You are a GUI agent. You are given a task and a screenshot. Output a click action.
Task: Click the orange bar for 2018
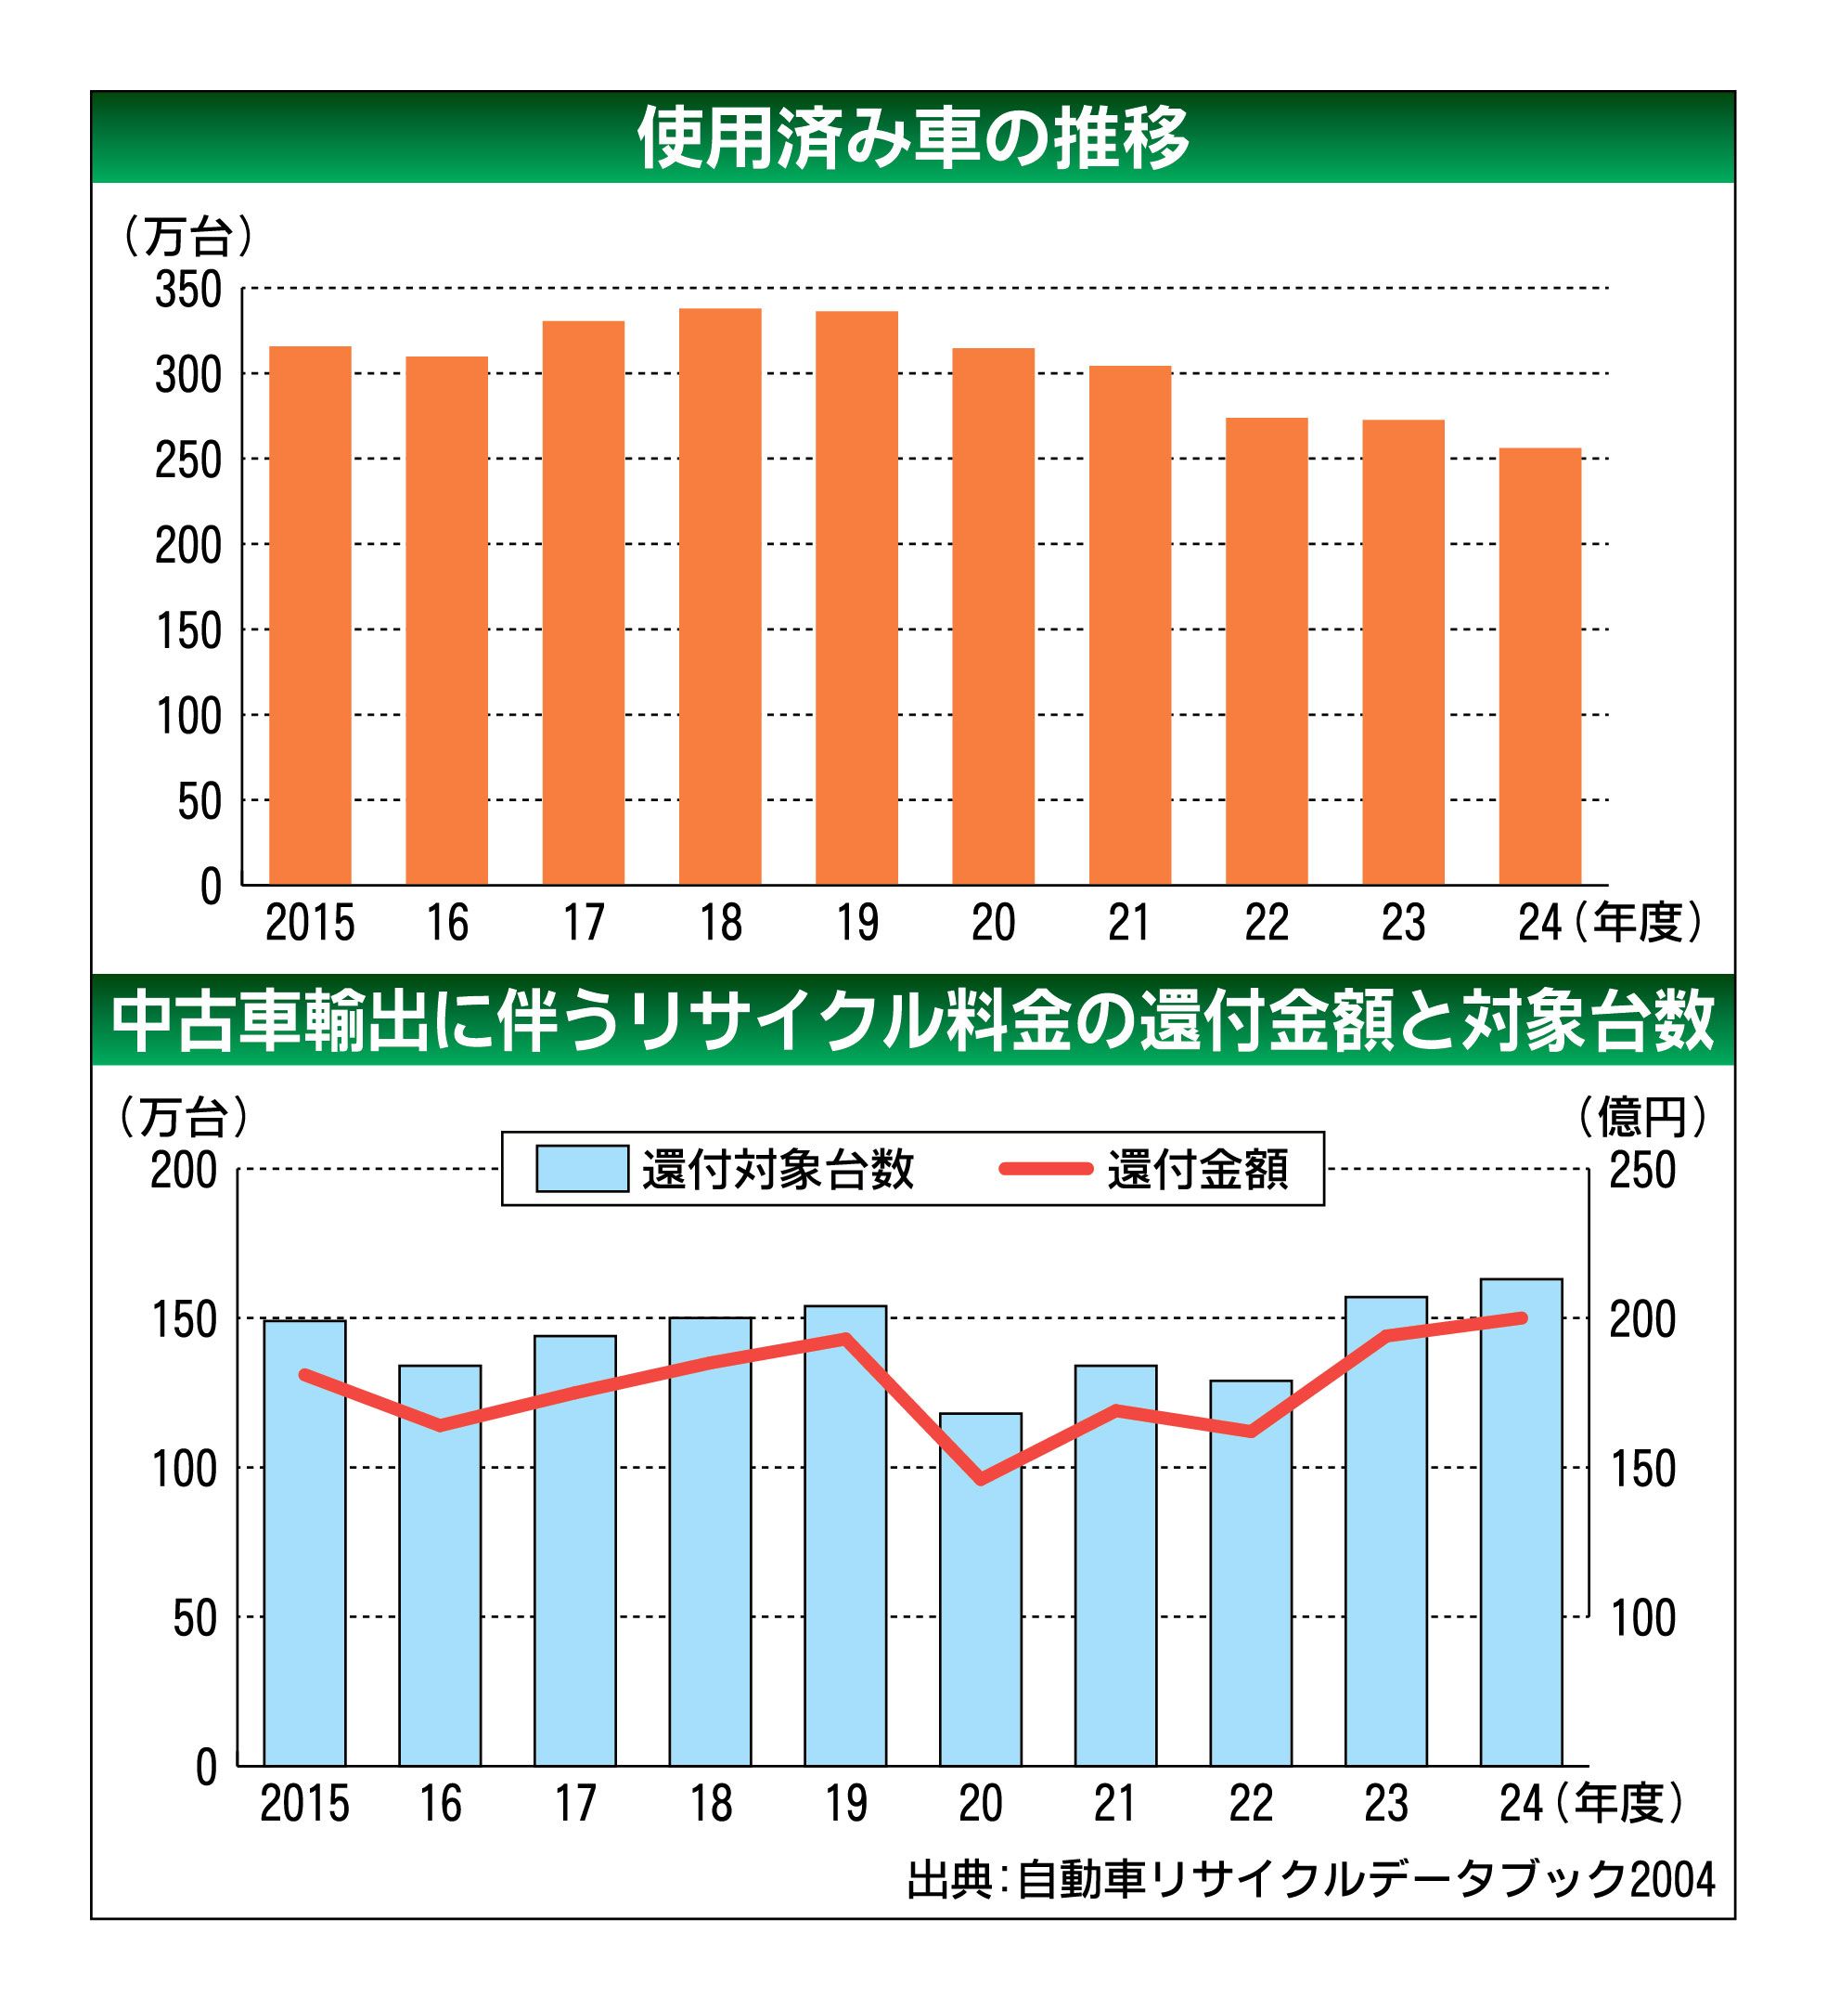pos(720,596)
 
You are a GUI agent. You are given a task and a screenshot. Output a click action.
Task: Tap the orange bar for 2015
pos(310,616)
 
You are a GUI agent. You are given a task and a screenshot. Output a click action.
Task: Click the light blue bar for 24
pos(1521,1523)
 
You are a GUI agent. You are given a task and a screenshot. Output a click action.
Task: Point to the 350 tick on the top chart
pos(188,291)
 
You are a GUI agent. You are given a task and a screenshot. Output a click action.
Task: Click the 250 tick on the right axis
pos(1642,1170)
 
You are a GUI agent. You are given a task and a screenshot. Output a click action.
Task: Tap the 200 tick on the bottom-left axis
pos(184,1170)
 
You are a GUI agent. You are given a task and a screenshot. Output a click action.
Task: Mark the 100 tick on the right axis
pos(1642,1618)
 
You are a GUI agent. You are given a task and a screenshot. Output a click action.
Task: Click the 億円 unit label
pos(1642,1118)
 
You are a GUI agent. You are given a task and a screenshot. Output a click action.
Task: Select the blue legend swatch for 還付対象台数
pos(582,1169)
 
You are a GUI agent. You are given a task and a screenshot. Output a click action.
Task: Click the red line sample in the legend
pos(1046,1169)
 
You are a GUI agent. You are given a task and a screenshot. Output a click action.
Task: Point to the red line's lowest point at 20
pos(982,1480)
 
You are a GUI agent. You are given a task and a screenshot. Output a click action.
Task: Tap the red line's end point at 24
pos(1521,1318)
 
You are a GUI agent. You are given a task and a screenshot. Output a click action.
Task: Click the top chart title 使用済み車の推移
pos(913,137)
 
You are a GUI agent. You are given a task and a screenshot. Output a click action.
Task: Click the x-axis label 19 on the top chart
pos(857,923)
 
